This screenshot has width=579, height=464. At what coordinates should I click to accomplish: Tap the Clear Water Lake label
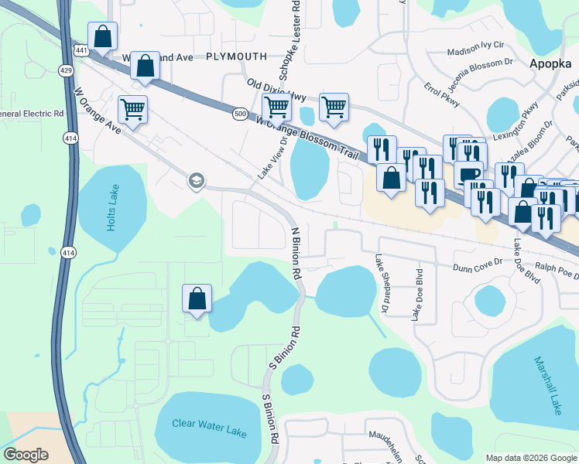[x=201, y=428]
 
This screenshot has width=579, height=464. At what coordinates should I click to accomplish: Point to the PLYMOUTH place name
[x=236, y=56]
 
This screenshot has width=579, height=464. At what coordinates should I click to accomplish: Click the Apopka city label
[x=550, y=65]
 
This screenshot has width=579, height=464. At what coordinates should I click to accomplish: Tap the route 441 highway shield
[x=81, y=49]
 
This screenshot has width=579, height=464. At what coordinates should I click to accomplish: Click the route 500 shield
[x=240, y=114]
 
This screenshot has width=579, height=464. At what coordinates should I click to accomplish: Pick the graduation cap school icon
[x=196, y=181]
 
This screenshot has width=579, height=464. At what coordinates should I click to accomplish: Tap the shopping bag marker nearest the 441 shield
[x=102, y=36]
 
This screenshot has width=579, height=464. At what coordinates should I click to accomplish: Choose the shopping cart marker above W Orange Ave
[x=133, y=109]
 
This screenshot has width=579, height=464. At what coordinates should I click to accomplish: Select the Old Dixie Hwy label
[x=276, y=90]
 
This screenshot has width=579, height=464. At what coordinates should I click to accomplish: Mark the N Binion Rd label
[x=295, y=253]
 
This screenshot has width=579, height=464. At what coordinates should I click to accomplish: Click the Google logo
[x=26, y=454]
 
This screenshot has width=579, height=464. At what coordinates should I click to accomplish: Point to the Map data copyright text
[x=531, y=458]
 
